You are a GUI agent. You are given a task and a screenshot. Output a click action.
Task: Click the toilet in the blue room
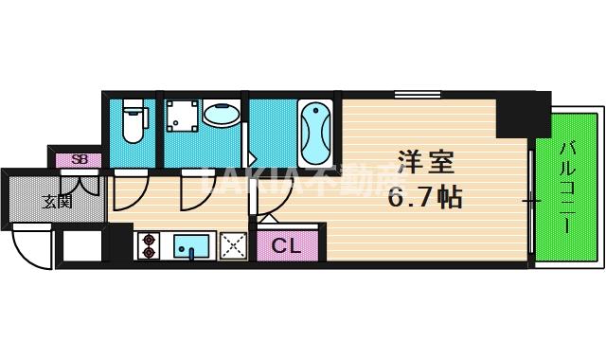(133, 121)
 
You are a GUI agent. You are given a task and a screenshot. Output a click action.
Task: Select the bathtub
(315, 132)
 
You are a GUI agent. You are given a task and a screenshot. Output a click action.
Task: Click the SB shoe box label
(80, 159)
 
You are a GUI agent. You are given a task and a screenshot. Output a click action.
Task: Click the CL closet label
(285, 246)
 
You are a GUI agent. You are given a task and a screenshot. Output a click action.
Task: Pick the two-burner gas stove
(149, 246)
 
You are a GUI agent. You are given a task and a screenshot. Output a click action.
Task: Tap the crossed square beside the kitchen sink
(233, 246)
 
